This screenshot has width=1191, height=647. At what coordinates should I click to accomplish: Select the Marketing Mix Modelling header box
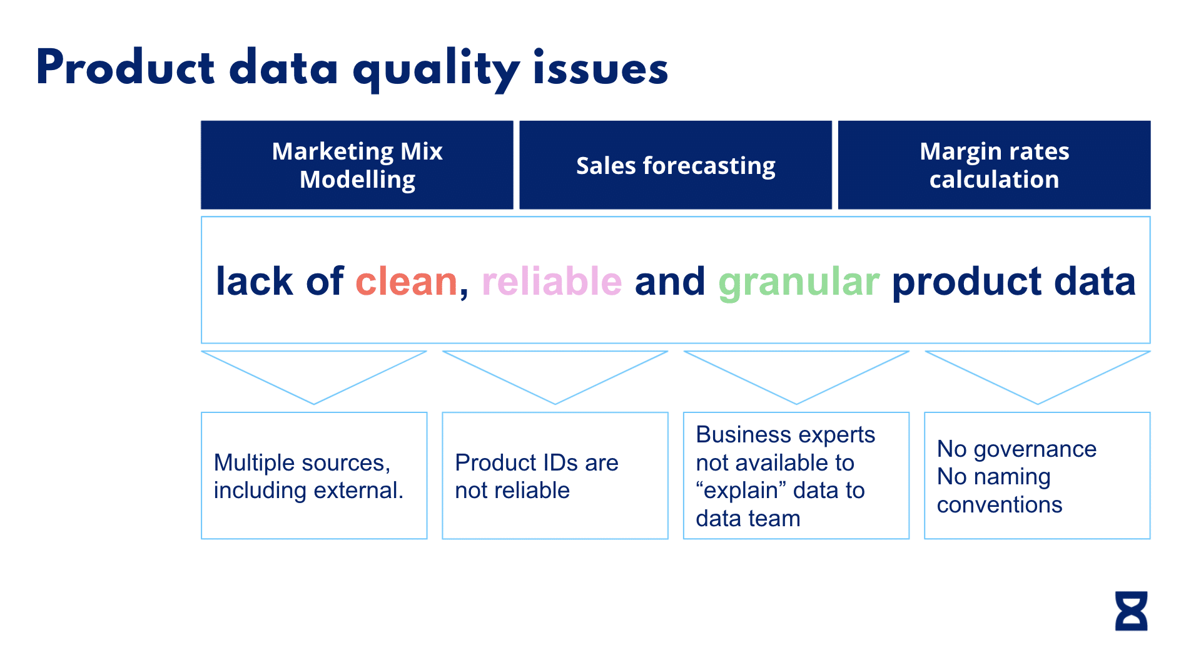coord(357,165)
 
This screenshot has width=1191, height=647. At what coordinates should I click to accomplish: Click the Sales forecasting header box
coord(676,165)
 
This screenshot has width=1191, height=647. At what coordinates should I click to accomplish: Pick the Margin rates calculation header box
coord(994,165)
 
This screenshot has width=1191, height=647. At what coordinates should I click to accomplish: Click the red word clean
coord(407,282)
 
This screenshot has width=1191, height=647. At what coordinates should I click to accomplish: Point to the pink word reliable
coord(552,282)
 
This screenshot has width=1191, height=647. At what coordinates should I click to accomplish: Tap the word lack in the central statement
coord(254,282)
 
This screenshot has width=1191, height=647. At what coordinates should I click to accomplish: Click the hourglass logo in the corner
coord(1131,611)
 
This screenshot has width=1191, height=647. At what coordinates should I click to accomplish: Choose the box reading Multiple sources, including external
coord(314,476)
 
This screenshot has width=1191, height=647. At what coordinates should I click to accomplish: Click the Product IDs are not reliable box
coord(555,476)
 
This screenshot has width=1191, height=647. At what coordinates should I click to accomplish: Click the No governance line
coord(1016,449)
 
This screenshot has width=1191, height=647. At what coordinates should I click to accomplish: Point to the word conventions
coord(999,505)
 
